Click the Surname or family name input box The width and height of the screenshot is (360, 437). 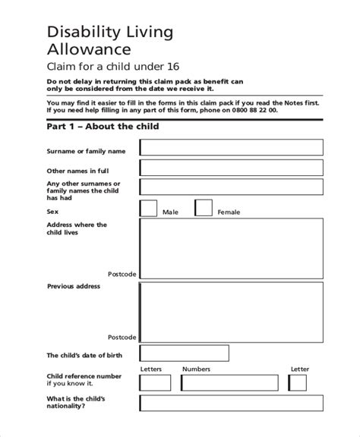(231, 147)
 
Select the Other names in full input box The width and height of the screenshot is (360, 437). (231, 168)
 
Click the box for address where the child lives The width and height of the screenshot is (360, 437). (231, 249)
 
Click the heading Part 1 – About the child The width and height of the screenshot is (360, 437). (103, 127)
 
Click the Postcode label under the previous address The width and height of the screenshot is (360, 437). (122, 335)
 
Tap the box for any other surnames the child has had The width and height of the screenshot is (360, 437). (231, 188)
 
